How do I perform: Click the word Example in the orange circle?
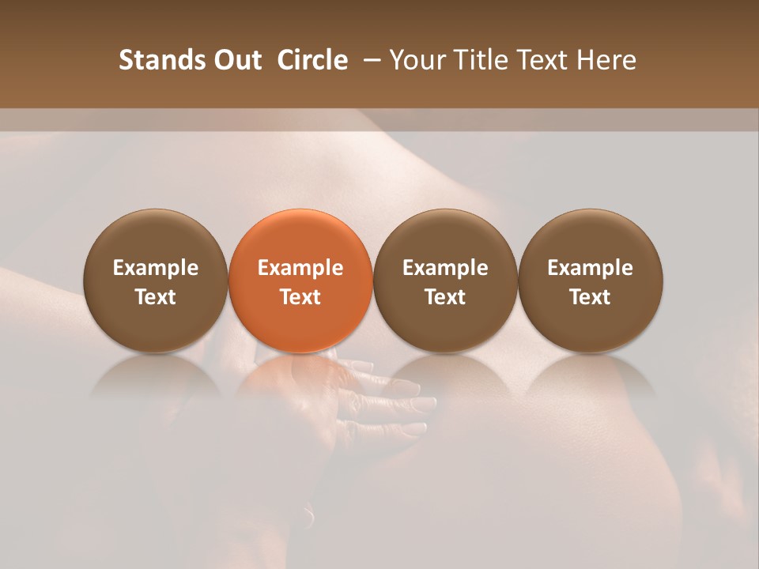[x=300, y=269]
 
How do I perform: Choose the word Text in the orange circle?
[x=300, y=297]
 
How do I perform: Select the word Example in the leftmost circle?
[x=156, y=269]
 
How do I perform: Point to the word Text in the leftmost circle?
[x=156, y=297]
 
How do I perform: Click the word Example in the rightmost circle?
[x=591, y=269]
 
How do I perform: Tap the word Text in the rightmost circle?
[x=591, y=297]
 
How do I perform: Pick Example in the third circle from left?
[x=446, y=269]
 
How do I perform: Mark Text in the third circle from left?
[x=446, y=297]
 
